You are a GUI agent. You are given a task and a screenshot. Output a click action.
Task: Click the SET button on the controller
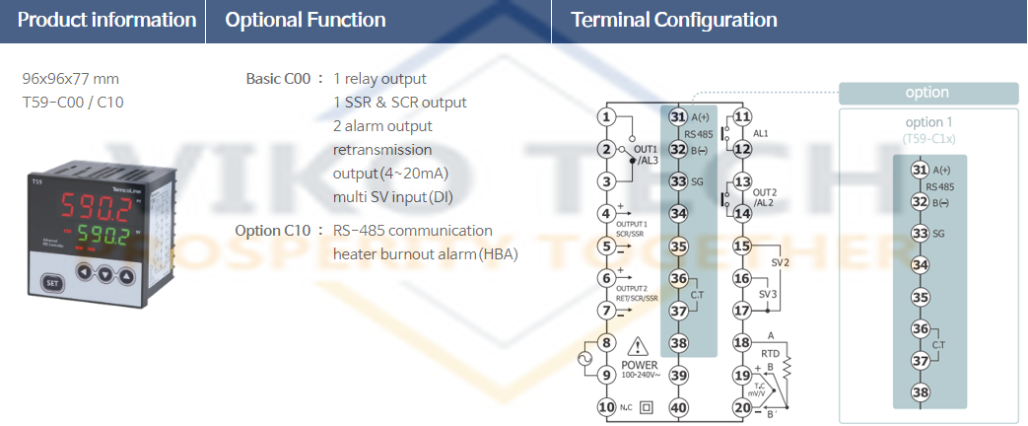(51, 282)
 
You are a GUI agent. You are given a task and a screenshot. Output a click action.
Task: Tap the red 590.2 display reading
(95, 206)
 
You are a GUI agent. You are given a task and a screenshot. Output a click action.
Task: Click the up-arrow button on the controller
(125, 273)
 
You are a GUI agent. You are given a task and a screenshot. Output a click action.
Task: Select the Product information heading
(106, 20)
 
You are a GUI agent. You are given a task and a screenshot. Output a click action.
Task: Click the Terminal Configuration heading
(674, 20)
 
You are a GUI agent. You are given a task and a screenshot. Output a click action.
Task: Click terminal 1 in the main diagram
(607, 117)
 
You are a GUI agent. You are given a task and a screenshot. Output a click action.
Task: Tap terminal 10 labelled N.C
(607, 406)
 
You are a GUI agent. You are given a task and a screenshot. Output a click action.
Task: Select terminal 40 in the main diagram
(678, 406)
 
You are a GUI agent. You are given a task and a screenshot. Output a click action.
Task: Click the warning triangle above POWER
(639, 346)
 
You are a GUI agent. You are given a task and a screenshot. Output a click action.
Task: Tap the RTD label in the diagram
(771, 352)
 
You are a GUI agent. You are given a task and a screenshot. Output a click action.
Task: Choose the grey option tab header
(927, 93)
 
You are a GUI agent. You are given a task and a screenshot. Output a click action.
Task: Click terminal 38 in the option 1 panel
(921, 391)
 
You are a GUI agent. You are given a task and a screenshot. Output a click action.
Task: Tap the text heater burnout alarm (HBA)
(425, 254)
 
